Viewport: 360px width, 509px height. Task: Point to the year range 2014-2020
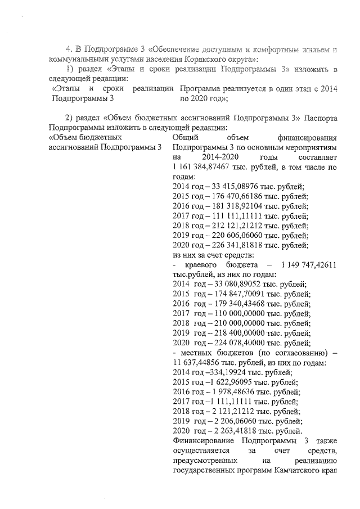[x=209, y=157]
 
